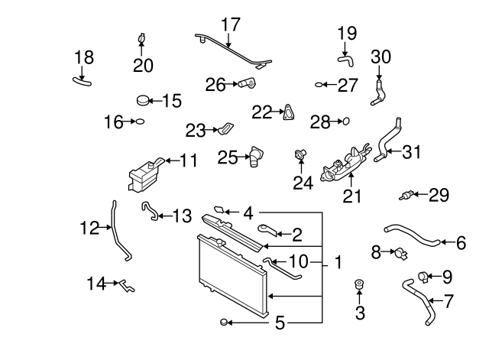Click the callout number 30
point(380,56)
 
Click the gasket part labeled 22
point(288,112)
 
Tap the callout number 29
point(439,196)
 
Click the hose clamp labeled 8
point(397,251)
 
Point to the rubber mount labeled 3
point(359,288)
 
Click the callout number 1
point(337,264)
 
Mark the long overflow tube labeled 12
point(118,229)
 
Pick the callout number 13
point(182,216)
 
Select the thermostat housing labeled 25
point(257,157)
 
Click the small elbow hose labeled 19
point(347,57)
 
